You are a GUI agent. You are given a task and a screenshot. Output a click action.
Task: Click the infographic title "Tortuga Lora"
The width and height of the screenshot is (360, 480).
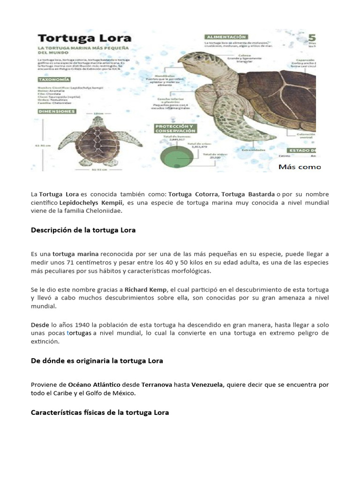tap(84, 38)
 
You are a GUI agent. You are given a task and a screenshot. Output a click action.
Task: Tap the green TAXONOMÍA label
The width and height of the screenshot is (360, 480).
tap(54, 80)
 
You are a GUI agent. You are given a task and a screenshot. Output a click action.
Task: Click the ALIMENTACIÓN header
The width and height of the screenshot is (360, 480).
tap(225, 36)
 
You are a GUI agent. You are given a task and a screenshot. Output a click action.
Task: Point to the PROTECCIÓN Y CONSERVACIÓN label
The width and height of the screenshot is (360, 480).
tap(175, 128)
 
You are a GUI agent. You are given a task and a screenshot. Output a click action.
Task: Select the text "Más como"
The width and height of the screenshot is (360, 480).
tap(300, 166)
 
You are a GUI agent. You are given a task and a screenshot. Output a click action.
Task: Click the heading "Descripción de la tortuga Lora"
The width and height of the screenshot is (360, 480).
tap(83, 230)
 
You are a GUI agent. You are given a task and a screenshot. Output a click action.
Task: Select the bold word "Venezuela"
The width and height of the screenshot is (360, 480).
tap(208, 385)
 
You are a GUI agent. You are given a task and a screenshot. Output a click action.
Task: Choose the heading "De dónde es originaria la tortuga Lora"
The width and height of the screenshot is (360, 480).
tap(97, 360)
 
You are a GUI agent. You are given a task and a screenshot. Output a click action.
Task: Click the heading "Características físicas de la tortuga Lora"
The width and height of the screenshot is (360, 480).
tap(99, 412)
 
